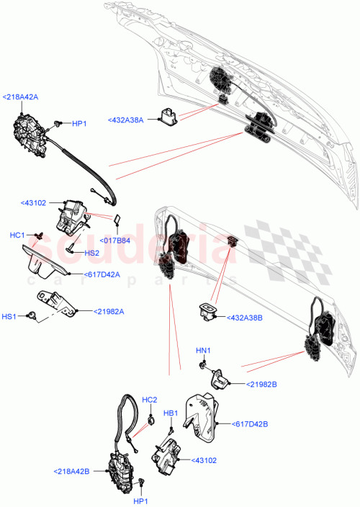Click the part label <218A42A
point(20,97)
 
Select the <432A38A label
point(126,120)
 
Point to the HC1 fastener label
point(18,235)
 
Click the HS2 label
point(91,253)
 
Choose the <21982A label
point(109,311)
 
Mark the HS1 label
point(9,315)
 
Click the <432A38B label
point(245,317)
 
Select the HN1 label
point(203,351)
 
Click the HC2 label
point(149,400)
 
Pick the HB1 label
point(171,413)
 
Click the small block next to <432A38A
point(171,115)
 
